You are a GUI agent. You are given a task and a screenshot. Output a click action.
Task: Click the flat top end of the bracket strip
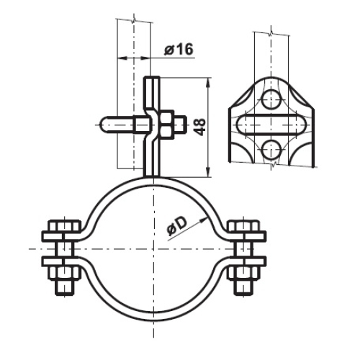[x=153, y=78]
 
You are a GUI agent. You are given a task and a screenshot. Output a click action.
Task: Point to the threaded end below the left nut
[x=61, y=287]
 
